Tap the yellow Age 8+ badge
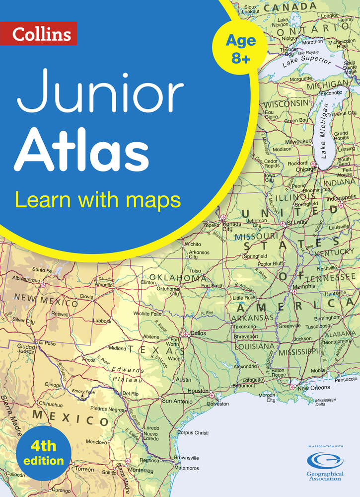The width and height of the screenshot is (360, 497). click(241, 49)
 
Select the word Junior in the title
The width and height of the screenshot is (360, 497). click(100, 92)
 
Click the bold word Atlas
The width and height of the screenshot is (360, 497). click(81, 149)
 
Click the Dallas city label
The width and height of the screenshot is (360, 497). click(198, 333)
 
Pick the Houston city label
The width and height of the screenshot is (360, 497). click(198, 391)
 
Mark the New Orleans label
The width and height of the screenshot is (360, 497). click(314, 388)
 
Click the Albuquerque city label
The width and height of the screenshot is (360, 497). click(25, 280)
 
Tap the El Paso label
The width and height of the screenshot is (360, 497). click(48, 343)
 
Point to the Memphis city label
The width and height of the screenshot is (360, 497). click(303, 287)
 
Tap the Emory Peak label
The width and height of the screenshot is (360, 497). click(82, 391)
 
